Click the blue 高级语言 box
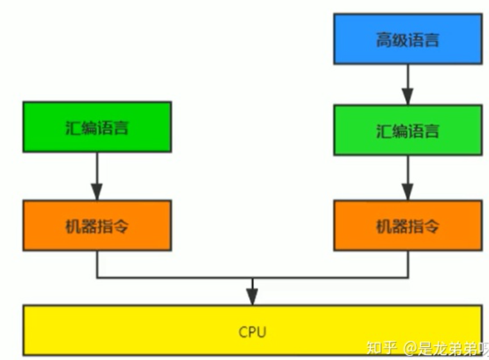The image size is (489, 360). click(407, 40)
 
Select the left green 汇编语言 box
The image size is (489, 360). click(97, 127)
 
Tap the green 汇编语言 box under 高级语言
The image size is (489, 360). click(407, 131)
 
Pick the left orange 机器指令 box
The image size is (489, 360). click(97, 225)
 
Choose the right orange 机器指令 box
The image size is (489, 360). click(407, 225)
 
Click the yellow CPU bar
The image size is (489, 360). click(253, 331)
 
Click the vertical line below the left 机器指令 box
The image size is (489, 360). click(97, 264)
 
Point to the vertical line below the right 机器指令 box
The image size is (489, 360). click(407, 264)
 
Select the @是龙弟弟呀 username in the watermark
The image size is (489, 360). click(447, 348)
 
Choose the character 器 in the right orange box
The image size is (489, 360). click(399, 226)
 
